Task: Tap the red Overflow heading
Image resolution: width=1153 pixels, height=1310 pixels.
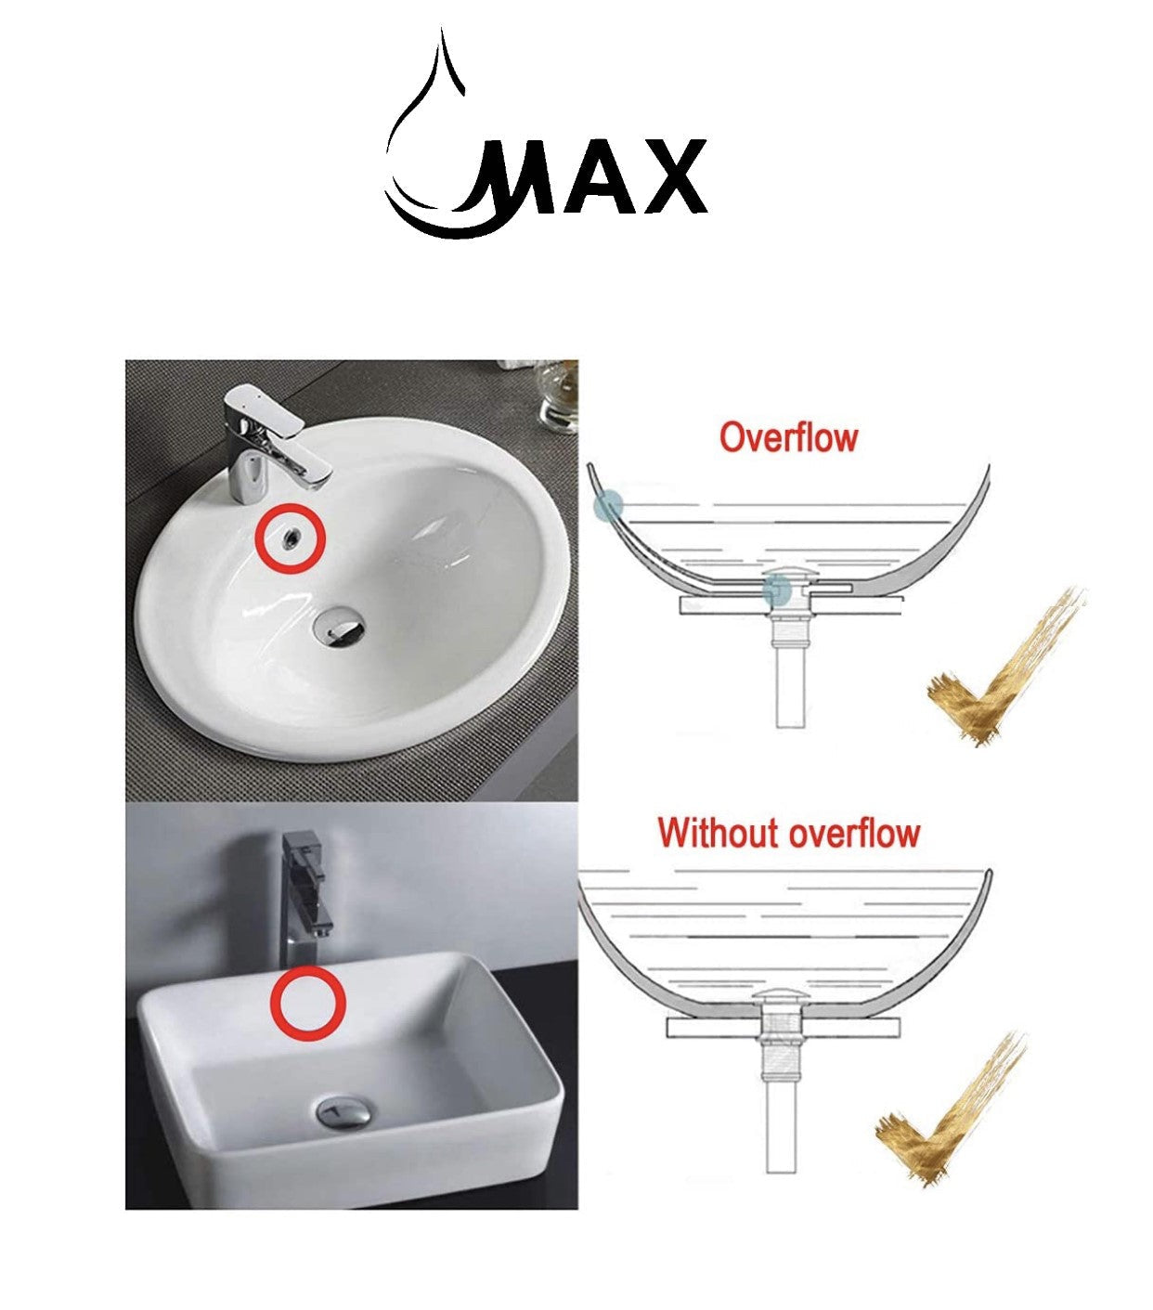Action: coord(788,437)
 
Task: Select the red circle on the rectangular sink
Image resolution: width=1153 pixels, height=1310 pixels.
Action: coord(308,1001)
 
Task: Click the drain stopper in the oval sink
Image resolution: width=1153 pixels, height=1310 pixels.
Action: coord(340,627)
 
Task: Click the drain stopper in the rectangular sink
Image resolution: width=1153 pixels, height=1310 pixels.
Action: coord(344,1110)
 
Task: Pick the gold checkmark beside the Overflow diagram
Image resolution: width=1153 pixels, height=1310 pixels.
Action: coord(1003,668)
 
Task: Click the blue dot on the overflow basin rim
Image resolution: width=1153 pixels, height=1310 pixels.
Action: coord(608,506)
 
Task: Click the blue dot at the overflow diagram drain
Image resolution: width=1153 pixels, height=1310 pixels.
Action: coord(777,590)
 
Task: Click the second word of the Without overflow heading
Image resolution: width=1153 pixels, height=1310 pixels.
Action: coord(854,833)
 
